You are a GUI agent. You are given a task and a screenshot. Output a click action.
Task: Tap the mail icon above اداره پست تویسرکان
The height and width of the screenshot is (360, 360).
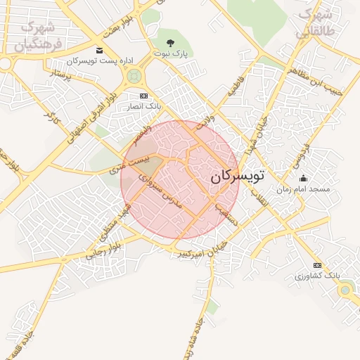[98, 50]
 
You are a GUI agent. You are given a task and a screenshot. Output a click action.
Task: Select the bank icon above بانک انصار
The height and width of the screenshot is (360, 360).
[143, 96]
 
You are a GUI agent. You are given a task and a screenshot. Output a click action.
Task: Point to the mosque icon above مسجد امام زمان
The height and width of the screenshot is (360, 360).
[303, 179]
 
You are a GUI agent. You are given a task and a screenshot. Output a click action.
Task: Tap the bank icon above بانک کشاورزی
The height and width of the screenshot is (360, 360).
[317, 264]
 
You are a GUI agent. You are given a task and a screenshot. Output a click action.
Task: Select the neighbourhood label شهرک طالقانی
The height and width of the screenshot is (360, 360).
[314, 23]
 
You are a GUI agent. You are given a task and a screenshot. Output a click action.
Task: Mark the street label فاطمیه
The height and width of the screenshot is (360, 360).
[233, 86]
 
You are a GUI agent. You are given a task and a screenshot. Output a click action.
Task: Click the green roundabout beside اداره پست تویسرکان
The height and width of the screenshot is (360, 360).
[134, 76]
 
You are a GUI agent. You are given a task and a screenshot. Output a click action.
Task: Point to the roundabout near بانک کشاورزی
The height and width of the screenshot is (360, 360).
[345, 289]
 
